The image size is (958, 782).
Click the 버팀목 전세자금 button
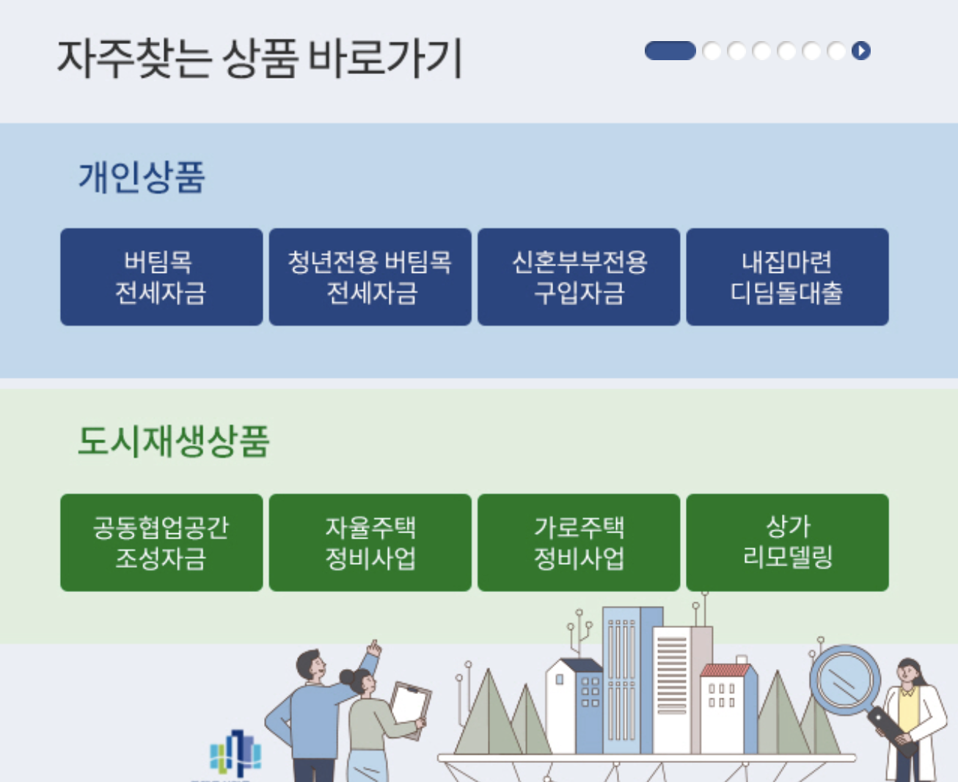[x=161, y=277]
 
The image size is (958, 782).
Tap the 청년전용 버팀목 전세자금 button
[x=370, y=277]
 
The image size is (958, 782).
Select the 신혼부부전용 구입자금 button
[x=579, y=277]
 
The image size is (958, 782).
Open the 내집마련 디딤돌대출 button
[x=787, y=277]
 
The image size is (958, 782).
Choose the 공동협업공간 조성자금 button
[x=161, y=542]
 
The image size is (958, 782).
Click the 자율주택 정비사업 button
[x=370, y=542]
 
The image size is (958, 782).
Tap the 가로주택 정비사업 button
[x=579, y=542]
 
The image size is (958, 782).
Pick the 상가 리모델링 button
[x=787, y=542]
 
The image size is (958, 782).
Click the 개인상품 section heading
[x=142, y=177]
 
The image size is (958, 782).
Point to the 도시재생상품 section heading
[x=174, y=441]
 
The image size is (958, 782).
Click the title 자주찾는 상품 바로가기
[x=260, y=58]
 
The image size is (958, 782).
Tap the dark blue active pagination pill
[x=670, y=51]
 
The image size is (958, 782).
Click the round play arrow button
[x=861, y=51]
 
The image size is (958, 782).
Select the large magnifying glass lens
[x=844, y=679]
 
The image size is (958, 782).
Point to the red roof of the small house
[x=726, y=670]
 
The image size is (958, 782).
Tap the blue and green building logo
[x=235, y=753]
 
